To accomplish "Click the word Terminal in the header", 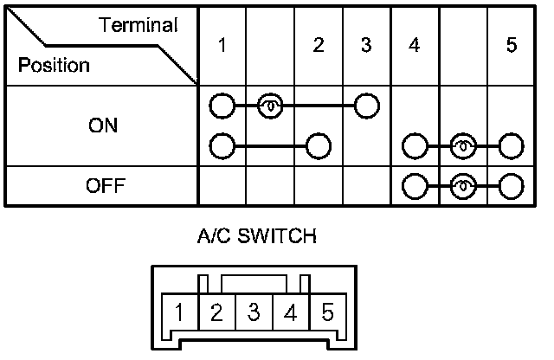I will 138,26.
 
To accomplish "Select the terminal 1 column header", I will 222,46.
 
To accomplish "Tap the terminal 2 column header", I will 319,46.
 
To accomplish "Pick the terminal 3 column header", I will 366,46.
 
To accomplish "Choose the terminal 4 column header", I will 415,46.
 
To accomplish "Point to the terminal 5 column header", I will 512,46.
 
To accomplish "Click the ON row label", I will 103,125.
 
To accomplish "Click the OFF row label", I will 103,186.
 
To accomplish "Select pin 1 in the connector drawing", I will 177,312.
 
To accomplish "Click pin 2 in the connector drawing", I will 216,312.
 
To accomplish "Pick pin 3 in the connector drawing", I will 254,312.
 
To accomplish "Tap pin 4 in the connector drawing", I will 290,312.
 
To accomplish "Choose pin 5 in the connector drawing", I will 326,312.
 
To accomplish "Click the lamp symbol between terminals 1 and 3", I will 270,106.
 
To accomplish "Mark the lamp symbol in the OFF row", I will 463,186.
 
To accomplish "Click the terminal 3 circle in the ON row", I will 367,106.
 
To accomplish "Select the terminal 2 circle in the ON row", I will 319,144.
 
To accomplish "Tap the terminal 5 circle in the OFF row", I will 512,186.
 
